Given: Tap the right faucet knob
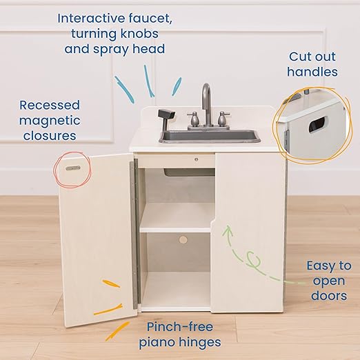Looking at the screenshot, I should pyautogui.click(x=223, y=119).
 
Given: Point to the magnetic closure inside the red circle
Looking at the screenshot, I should pyautogui.click(x=72, y=167).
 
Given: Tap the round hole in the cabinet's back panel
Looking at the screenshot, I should pyautogui.click(x=183, y=240).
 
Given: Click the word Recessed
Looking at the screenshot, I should pyautogui.click(x=50, y=105).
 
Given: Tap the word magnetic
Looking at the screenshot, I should pyautogui.click(x=50, y=121).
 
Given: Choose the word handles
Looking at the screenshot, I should pyautogui.click(x=314, y=72).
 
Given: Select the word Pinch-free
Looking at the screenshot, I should pyautogui.click(x=180, y=326).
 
